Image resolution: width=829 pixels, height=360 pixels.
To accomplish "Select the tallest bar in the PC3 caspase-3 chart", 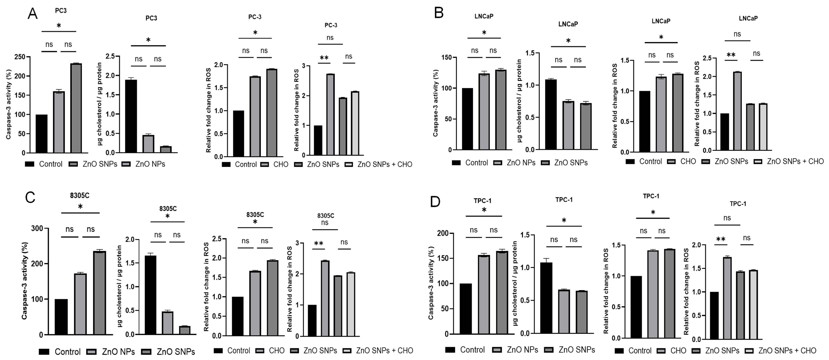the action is tap(76, 108).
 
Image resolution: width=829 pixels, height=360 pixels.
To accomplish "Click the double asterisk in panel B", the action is tap(731, 55).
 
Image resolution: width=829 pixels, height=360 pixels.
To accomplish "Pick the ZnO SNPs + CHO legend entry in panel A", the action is tap(378, 164).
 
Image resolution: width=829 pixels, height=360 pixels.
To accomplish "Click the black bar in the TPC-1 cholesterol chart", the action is tap(546, 298).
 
